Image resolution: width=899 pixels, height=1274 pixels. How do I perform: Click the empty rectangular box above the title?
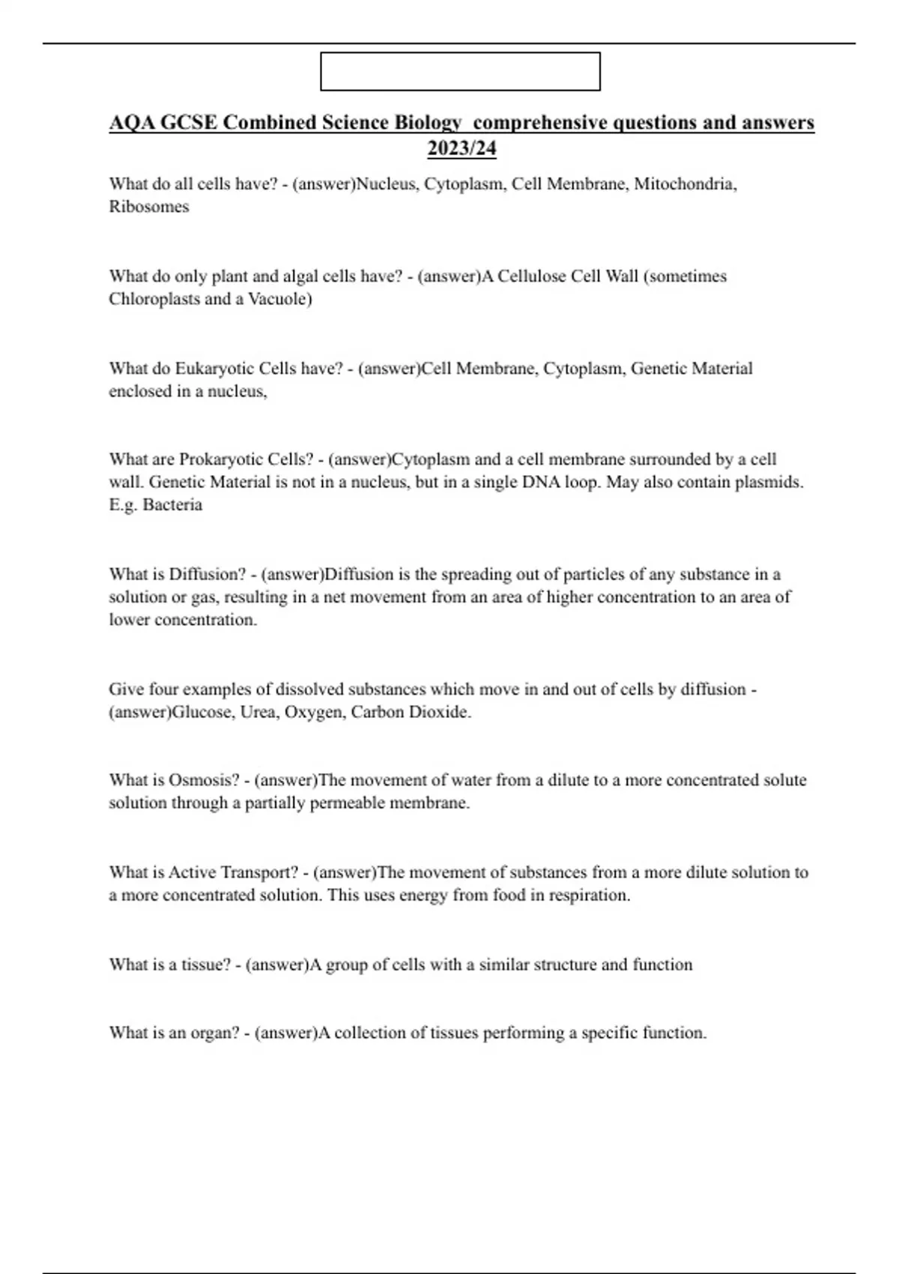(x=460, y=71)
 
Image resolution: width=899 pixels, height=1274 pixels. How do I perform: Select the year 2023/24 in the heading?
(x=461, y=148)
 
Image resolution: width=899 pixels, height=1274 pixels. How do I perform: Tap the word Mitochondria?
(x=685, y=184)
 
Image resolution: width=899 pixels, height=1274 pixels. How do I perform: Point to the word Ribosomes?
(x=149, y=207)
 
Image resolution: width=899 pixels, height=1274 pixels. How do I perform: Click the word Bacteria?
(x=172, y=505)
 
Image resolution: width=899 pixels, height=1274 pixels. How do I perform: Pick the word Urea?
(x=258, y=712)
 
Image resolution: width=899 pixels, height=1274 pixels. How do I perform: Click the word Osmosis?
(x=204, y=780)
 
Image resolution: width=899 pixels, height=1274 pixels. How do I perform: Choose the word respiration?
(x=590, y=896)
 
